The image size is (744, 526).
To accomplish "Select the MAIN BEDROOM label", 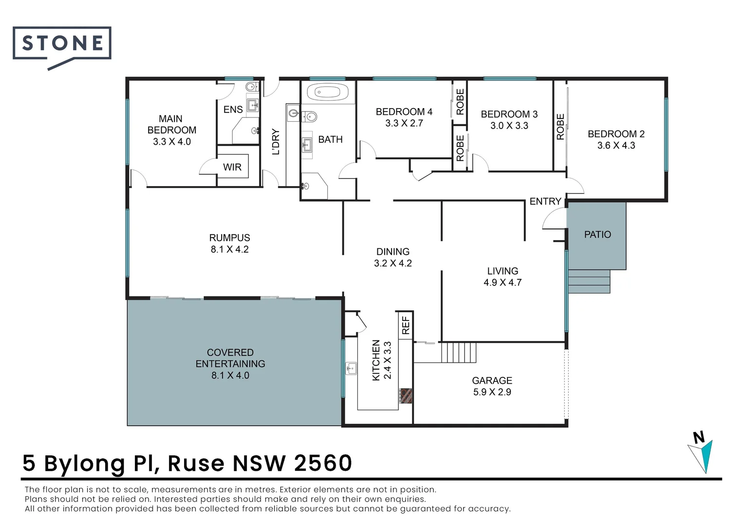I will [171, 124].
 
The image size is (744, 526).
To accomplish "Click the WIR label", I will [232, 167].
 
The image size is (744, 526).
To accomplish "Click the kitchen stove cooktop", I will [406, 395].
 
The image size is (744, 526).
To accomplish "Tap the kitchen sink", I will [351, 368].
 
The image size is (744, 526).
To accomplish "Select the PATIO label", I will [597, 234].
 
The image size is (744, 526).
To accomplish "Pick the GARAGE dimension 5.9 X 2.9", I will [492, 392].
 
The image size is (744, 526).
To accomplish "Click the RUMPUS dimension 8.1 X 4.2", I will [229, 249].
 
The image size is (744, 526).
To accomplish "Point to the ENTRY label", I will [545, 201].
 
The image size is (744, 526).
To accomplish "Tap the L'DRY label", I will [276, 142].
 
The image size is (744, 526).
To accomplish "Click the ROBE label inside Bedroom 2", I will [560, 127].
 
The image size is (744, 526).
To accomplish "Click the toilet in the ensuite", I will [251, 88].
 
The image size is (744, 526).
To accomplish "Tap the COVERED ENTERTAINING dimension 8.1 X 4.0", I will [230, 376].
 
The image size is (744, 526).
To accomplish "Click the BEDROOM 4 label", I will [404, 112].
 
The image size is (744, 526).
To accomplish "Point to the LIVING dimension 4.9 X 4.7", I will [502, 282].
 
